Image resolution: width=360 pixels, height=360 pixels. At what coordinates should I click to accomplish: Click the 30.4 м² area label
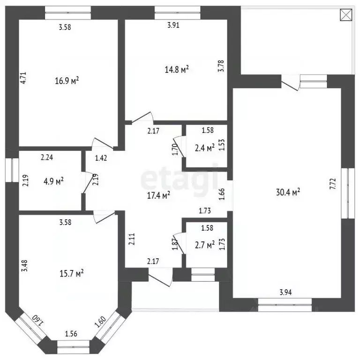[x=288, y=192]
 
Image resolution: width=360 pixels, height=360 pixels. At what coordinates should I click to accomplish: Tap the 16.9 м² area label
[x=67, y=81]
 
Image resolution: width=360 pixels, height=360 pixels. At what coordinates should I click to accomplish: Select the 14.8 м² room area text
[x=177, y=69]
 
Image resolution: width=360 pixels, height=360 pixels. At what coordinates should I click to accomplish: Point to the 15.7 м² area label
[x=71, y=273]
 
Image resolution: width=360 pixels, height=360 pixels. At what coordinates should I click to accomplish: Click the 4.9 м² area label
[x=53, y=181]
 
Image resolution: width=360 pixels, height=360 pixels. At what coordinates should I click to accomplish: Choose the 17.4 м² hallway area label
[x=158, y=195]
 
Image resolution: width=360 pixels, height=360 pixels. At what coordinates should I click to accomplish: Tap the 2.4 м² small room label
[x=205, y=148]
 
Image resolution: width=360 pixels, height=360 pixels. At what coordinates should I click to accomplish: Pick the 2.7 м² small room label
[x=205, y=245]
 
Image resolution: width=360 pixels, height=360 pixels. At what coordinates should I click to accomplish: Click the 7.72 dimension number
[x=333, y=184]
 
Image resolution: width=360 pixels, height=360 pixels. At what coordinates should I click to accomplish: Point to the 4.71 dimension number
[x=23, y=78]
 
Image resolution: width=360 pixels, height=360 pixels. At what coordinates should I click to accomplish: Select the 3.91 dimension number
[x=173, y=25]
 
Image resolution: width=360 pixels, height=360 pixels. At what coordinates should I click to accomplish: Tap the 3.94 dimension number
[x=285, y=292]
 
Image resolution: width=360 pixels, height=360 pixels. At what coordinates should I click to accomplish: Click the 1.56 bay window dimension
[x=71, y=334]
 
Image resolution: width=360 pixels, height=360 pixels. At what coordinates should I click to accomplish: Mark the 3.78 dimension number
[x=221, y=66]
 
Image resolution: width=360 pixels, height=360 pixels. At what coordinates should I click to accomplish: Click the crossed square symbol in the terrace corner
[x=346, y=15]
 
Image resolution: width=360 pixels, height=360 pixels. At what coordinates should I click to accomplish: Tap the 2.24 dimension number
[x=47, y=157]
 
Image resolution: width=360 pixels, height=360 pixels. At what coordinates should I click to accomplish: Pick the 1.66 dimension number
[x=222, y=194]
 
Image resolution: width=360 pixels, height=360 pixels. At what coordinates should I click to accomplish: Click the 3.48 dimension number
[x=24, y=266]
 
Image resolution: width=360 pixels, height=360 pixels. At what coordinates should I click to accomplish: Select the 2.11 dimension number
[x=132, y=239]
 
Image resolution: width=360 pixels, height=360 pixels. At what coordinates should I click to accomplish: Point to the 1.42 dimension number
[x=101, y=158]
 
